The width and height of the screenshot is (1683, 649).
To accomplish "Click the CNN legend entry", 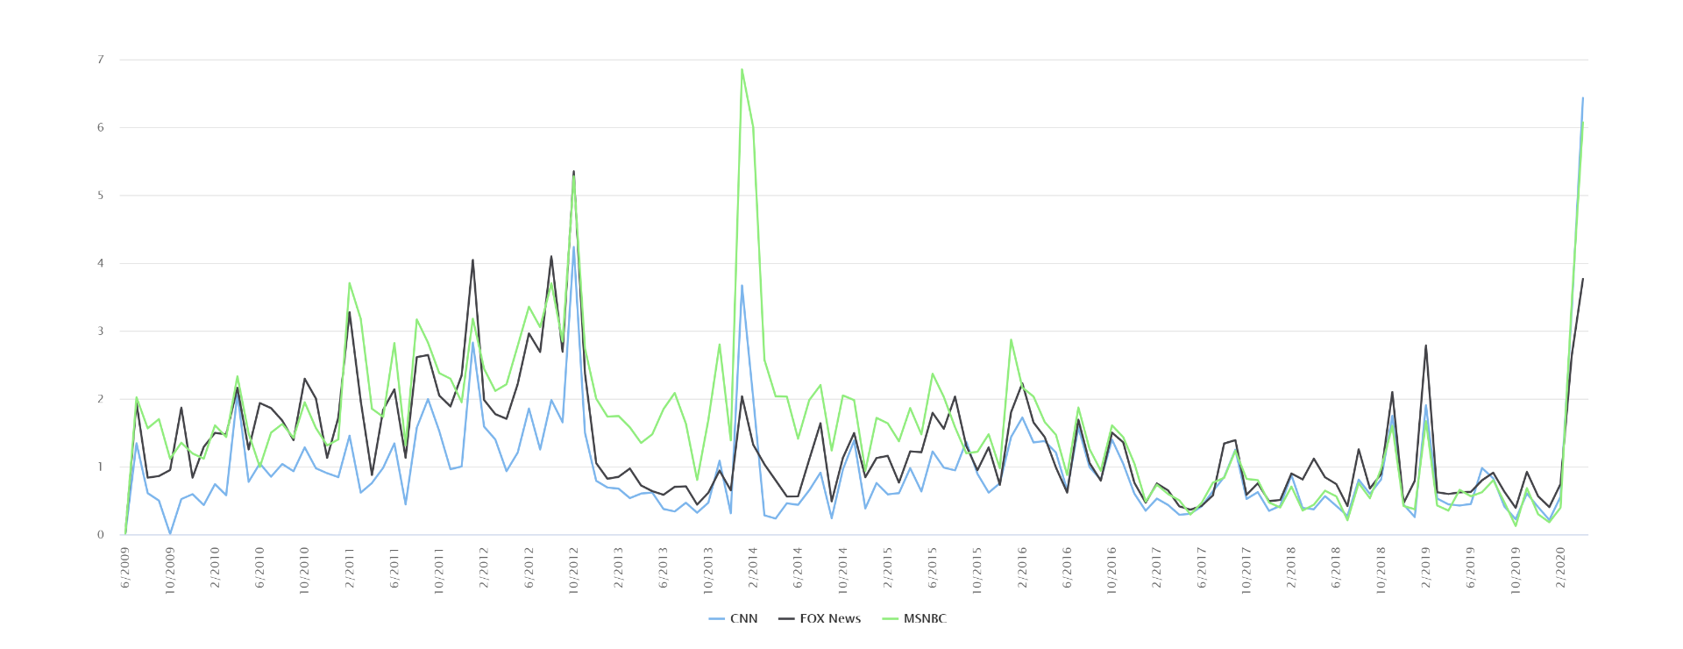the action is pos(733,618).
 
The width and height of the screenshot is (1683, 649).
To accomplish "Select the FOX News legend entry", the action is pos(820,618).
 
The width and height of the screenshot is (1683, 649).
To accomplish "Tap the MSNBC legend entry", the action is pos(913,618).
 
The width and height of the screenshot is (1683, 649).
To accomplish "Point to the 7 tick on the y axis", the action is pos(101,60).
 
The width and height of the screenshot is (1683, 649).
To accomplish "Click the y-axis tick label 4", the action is pos(101,263).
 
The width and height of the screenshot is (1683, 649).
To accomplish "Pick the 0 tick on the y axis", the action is pos(101,534).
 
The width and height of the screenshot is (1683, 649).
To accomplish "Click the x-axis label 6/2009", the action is pos(125,567).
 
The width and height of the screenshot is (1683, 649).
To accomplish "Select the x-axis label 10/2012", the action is pos(574,571).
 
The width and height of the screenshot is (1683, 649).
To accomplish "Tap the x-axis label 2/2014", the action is pos(753,567).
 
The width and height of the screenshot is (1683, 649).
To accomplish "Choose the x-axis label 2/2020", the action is pos(1560,567).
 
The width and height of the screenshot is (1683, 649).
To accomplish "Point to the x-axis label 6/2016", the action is pos(1067,567).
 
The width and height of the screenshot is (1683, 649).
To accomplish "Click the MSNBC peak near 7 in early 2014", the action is pos(742,69).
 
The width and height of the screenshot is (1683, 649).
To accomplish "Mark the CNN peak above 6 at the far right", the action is pos(1582,97).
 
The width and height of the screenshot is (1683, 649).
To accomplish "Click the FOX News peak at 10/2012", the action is pos(573,171).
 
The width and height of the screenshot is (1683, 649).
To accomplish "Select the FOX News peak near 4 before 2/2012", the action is pos(472,260).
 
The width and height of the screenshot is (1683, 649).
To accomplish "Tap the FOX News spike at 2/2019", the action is pos(1426,345).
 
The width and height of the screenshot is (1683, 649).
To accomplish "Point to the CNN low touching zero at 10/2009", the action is pos(170,533).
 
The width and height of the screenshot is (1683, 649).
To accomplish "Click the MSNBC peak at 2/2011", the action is pos(349,282).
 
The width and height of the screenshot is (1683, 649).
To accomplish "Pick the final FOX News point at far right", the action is pos(1582,279).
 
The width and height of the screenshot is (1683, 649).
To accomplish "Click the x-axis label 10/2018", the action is pos(1381,571).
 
